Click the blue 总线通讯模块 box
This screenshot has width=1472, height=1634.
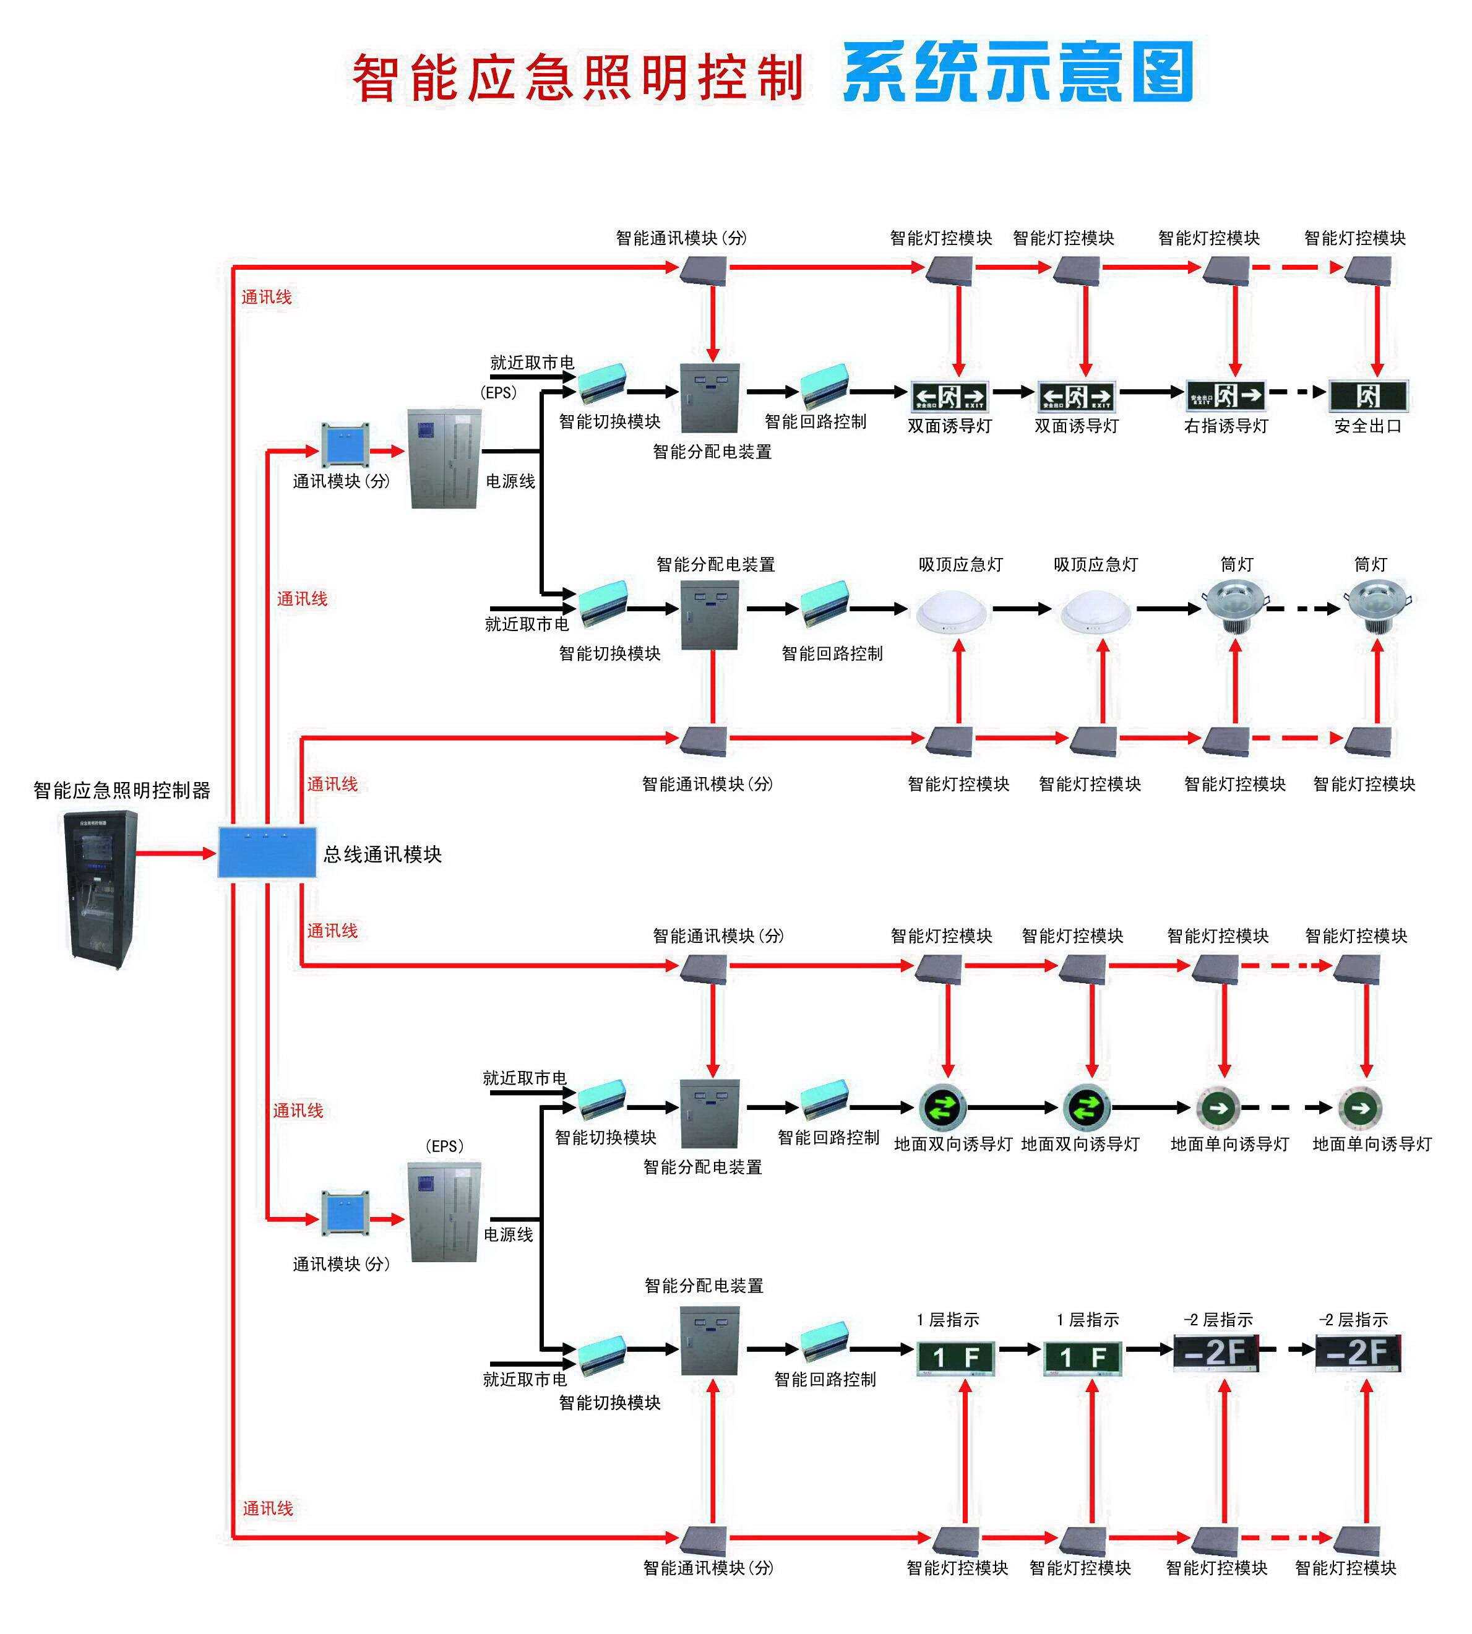[x=267, y=852]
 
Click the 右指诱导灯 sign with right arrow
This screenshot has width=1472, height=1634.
[x=1225, y=395]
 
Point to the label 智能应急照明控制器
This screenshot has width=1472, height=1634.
[x=121, y=790]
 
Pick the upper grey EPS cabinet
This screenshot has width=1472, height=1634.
[x=445, y=458]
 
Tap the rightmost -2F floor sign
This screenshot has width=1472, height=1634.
[x=1358, y=1352]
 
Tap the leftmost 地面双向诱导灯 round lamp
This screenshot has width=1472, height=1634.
[x=943, y=1107]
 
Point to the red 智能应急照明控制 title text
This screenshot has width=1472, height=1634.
[x=577, y=78]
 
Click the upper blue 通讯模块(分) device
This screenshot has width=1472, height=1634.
[x=345, y=444]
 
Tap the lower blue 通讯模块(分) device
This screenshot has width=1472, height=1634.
[x=345, y=1213]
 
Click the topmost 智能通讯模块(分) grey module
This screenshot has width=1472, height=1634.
[x=704, y=269]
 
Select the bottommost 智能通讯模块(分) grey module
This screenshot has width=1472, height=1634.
[x=704, y=1540]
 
